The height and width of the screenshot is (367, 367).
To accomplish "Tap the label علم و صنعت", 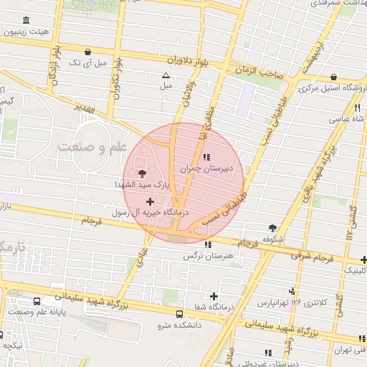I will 88,146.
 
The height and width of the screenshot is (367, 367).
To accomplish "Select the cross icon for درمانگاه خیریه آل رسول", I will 149,201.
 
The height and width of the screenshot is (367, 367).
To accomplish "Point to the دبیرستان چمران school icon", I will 207,157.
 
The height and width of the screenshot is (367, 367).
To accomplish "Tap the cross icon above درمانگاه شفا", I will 214,296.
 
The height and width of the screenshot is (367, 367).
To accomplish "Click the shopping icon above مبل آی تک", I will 87,52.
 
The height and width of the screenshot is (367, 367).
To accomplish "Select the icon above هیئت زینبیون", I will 27,21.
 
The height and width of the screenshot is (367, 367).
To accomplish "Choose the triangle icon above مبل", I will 166,75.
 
